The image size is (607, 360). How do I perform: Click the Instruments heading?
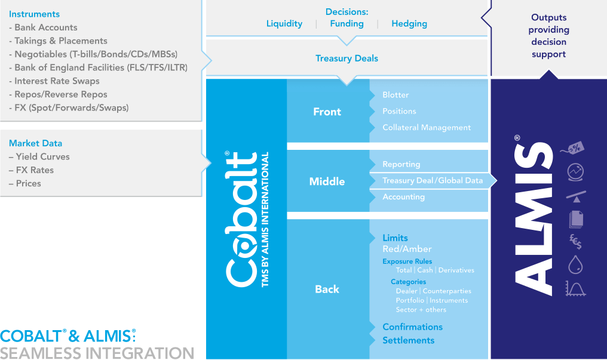[34, 14]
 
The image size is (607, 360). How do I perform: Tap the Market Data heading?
[35, 143]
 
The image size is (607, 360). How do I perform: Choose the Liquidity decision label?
[284, 24]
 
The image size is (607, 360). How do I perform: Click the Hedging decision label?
[409, 24]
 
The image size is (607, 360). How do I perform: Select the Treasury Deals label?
[347, 59]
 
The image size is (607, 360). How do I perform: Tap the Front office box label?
[327, 112]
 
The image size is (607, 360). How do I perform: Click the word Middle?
[327, 181]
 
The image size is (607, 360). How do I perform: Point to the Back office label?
[327, 289]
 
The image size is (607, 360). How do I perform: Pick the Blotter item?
[396, 95]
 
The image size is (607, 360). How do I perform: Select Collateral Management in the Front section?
[427, 128]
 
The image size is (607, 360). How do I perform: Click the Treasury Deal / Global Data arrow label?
[433, 180]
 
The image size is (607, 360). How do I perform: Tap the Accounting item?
[403, 197]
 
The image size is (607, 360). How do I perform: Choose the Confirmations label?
[412, 327]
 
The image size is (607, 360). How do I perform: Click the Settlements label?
[409, 340]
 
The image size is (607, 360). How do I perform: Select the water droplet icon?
[575, 264]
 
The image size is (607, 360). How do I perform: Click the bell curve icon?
[576, 289]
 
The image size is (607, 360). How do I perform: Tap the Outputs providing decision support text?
[548, 36]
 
